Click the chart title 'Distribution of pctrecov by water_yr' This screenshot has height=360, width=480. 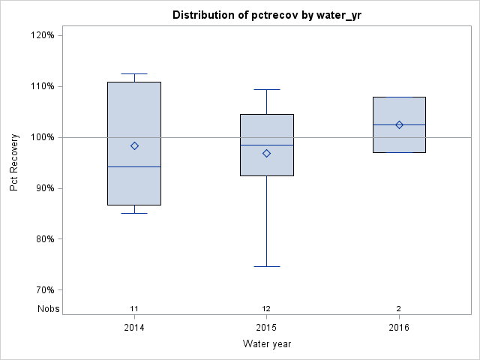266,15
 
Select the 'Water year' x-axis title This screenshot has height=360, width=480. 266,344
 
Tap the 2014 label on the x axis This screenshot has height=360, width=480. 134,328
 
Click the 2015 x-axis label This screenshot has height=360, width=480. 266,328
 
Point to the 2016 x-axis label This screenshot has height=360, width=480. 399,328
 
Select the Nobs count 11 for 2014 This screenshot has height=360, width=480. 134,308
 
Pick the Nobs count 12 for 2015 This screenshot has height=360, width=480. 266,308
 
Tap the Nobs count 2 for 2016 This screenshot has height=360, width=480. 399,308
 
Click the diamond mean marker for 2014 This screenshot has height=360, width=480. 134,145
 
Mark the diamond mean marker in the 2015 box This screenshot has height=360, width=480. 266,153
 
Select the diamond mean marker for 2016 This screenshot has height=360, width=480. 399,124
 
